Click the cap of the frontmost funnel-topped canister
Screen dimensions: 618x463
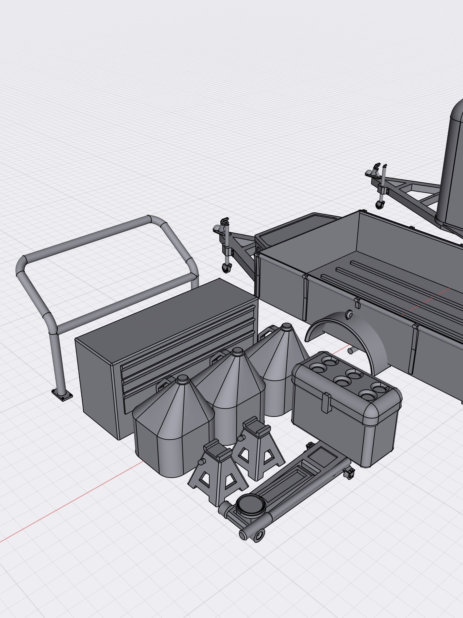pyautogui.click(x=183, y=379)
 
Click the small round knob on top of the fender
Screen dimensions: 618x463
pyautogui.click(x=349, y=315)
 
